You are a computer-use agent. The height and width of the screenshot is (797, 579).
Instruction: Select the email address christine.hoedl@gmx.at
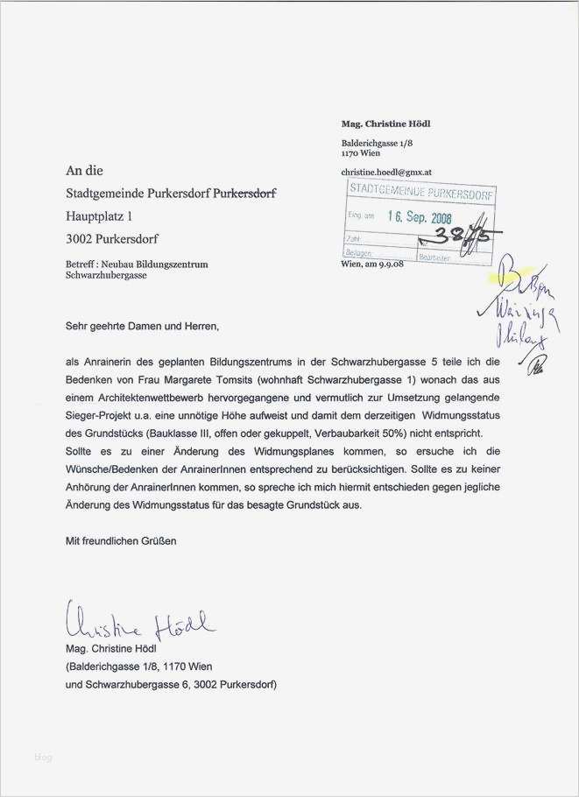pos(385,173)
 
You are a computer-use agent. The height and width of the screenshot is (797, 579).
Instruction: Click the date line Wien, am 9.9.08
pos(371,264)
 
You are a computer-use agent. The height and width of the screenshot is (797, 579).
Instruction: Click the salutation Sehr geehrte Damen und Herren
pos(141,327)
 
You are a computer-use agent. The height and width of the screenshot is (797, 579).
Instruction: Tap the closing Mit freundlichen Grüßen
pos(121,541)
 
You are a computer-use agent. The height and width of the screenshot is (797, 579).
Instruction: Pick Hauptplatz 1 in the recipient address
pos(100,215)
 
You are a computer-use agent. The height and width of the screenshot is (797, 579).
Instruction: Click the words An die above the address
pos(84,171)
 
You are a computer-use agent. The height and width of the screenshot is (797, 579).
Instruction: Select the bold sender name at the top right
pos(385,123)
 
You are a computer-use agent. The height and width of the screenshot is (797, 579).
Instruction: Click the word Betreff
pos(81,264)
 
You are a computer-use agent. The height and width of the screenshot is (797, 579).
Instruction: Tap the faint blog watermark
pos(43,758)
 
